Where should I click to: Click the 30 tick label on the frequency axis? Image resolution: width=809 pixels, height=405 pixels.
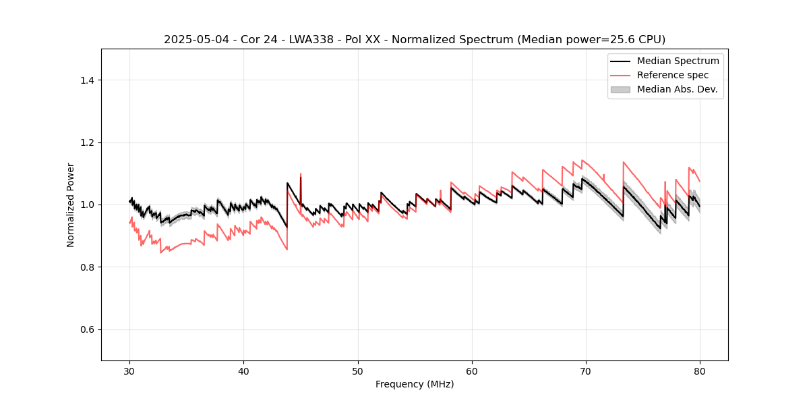click(x=129, y=371)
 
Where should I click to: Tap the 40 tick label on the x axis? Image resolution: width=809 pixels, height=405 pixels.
click(x=243, y=371)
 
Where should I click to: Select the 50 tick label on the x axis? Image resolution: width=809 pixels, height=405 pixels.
click(x=357, y=371)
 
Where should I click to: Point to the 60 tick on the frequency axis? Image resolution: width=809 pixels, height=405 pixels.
click(x=472, y=371)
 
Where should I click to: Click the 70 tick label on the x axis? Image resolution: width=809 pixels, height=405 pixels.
click(x=586, y=371)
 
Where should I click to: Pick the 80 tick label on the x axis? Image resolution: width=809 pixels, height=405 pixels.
click(x=700, y=371)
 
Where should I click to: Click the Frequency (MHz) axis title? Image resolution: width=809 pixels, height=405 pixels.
click(x=415, y=384)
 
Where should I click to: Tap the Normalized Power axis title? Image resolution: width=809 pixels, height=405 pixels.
click(x=71, y=205)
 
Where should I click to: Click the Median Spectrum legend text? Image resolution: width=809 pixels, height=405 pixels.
click(x=678, y=61)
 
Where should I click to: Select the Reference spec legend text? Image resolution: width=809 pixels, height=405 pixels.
click(x=673, y=75)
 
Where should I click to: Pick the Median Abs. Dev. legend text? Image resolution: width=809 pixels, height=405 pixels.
click(x=677, y=89)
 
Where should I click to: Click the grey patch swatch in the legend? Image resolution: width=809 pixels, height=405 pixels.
click(x=620, y=89)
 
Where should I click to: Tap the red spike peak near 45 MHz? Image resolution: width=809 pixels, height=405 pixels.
click(x=301, y=173)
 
